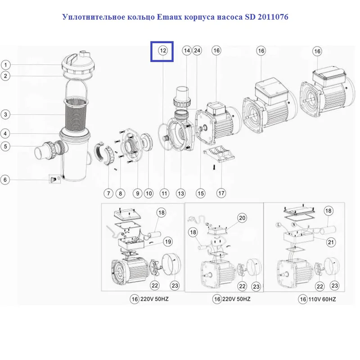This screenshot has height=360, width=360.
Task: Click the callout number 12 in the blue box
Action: coord(163,51)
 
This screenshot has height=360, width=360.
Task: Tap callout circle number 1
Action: coord(6,65)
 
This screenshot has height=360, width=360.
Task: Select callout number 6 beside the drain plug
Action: coord(6,180)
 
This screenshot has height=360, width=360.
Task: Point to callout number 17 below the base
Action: coord(221,193)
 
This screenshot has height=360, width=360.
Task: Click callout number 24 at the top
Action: coord(197,51)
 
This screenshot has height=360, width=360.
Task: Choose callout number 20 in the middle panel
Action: coord(242,218)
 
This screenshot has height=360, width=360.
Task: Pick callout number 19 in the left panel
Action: coord(167,242)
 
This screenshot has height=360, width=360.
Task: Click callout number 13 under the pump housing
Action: coord(180,193)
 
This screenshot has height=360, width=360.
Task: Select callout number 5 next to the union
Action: coord(6,146)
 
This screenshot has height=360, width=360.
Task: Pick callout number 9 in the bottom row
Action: coord(137,193)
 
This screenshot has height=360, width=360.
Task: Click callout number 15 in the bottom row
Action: coord(200,193)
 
